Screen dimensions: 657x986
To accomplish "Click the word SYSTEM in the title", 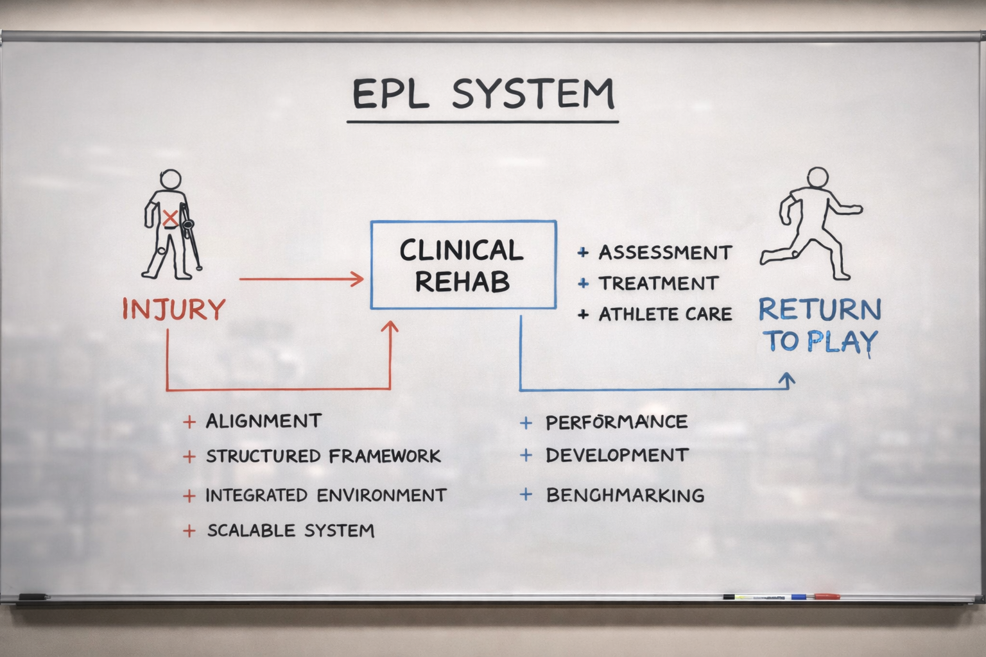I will [533, 94].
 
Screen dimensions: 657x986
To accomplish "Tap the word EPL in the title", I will [390, 94].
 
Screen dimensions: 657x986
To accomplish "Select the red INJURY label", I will [174, 309].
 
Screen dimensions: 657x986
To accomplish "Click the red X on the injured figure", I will [170, 218].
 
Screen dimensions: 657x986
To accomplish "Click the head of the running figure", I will [817, 178].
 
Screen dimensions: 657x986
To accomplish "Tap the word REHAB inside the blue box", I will [462, 282].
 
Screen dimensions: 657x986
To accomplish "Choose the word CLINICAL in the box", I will [462, 251].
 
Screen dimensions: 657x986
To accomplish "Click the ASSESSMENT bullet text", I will [665, 253].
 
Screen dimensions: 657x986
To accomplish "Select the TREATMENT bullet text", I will [658, 284].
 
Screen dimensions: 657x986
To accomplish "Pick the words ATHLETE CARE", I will [665, 314].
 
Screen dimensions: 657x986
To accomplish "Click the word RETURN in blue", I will [820, 310].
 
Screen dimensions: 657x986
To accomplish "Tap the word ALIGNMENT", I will [263, 422].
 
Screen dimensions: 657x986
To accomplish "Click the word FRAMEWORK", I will [385, 456].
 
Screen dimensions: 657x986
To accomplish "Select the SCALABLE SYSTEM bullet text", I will [290, 531].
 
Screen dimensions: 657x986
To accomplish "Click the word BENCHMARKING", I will [625, 495].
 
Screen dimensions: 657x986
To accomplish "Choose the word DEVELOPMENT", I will [617, 456].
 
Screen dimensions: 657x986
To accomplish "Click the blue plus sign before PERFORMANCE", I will [526, 422].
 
